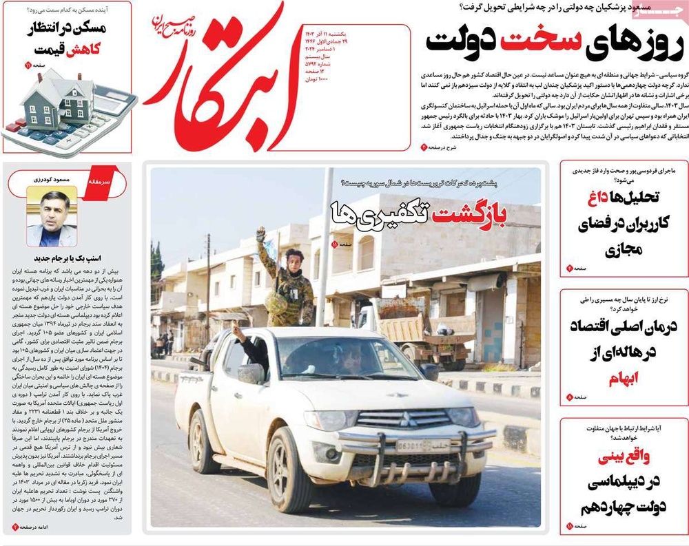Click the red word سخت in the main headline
[x=531, y=42]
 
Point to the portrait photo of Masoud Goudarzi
[x=52, y=216]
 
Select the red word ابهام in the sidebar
[x=624, y=378]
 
